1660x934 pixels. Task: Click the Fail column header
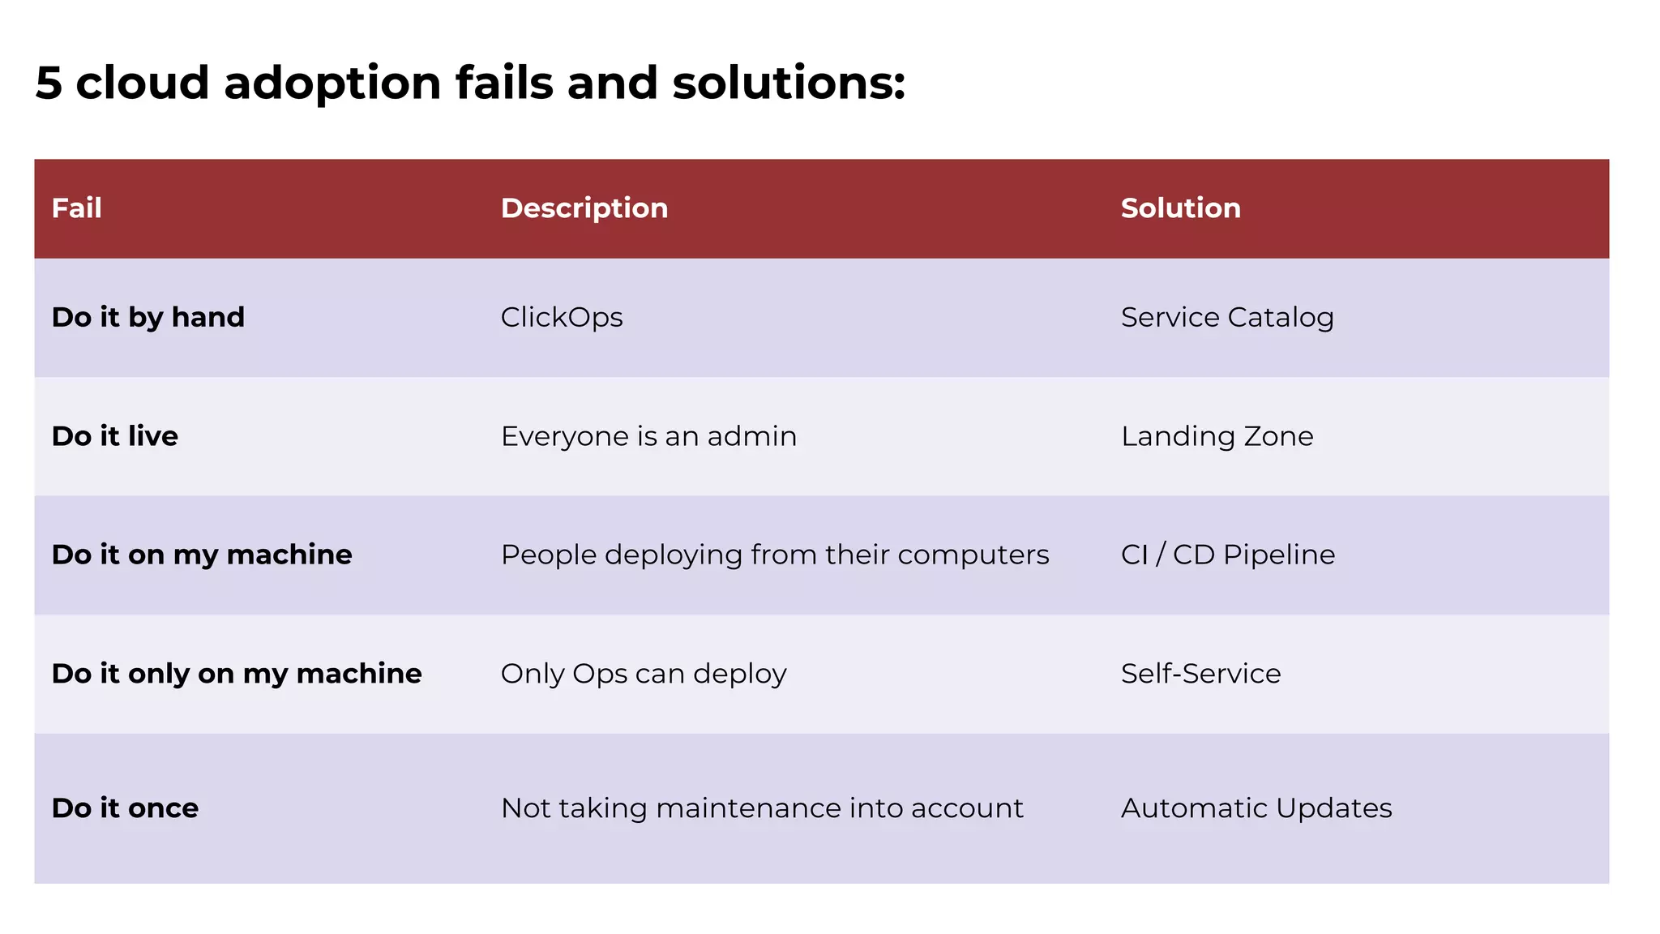77,208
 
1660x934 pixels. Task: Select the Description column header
584,208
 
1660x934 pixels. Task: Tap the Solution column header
1180,208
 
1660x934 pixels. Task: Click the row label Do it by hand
148,317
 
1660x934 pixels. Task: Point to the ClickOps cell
562,317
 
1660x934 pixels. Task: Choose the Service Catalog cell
1227,317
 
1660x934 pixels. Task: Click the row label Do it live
115,436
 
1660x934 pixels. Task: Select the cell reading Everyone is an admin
648,436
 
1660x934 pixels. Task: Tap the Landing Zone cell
1217,436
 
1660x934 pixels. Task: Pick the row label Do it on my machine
202,555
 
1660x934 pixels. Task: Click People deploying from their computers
775,555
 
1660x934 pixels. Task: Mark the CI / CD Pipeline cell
1228,555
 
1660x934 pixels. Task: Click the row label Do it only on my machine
237,674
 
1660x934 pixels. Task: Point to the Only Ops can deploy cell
644,674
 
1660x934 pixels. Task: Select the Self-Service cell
1200,674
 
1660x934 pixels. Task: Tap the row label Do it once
125,808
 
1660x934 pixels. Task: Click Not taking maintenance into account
762,808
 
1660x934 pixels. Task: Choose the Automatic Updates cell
1256,808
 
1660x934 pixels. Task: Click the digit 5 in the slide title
49,84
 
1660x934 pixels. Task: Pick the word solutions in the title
788,84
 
